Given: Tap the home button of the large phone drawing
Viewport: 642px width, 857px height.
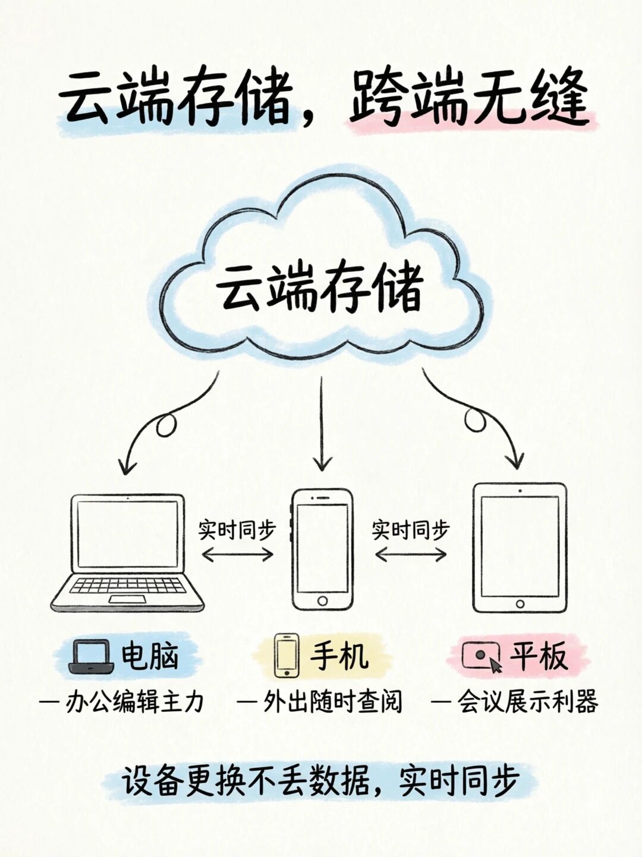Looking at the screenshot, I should (322, 601).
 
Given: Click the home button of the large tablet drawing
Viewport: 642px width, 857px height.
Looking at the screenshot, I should (520, 604).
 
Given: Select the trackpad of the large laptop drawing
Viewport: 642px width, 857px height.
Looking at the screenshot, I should (127, 599).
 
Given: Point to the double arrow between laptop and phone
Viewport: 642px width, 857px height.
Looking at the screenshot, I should (237, 555).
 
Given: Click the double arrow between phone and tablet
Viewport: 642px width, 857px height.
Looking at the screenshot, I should (411, 555).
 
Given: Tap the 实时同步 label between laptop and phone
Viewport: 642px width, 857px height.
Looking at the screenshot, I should (237, 529).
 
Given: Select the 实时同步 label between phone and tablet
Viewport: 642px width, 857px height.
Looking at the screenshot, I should (411, 529).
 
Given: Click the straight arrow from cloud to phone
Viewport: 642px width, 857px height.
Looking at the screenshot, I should (322, 423).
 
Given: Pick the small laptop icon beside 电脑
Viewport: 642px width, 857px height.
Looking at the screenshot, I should (91, 656).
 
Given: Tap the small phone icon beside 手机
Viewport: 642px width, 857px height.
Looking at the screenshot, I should (286, 655).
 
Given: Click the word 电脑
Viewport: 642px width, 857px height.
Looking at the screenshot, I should (150, 656).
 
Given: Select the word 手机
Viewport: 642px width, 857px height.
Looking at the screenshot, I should (339, 656).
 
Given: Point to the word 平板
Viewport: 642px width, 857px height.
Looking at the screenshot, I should (538, 656).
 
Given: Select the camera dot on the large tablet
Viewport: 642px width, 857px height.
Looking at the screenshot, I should (520, 492).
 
